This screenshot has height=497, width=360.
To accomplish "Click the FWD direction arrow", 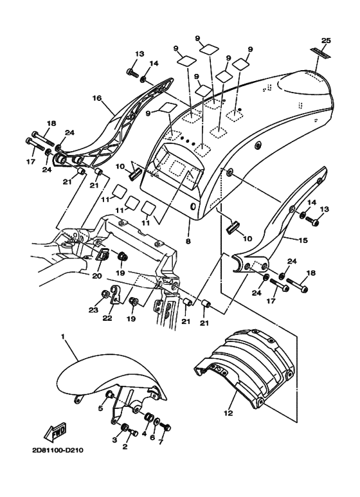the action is pos(55,432).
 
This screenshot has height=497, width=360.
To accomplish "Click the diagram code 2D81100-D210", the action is pos(58,451).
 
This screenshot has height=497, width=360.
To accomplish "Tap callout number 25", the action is pos(326,41).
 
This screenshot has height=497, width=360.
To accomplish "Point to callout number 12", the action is pos(228,413).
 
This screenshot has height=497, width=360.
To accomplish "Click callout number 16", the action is pos(97,98).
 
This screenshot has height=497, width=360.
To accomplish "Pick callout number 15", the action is pos(303,240).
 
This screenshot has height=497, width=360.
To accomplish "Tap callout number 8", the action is pos(188,241).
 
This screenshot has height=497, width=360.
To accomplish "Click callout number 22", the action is pos(107,317).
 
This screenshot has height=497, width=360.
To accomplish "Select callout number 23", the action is pos(93,311).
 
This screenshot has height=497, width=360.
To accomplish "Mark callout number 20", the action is pos(97,276).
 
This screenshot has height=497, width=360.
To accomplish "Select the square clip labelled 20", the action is pos(103,254).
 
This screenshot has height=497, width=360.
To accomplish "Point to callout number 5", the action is pos(100,408).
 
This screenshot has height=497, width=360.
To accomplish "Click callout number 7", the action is pos(161,442).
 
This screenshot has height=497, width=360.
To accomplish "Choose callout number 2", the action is pos(125,447).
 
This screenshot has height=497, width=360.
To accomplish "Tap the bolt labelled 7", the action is pos(165,426).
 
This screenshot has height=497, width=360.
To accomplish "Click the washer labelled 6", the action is pos(157,422).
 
